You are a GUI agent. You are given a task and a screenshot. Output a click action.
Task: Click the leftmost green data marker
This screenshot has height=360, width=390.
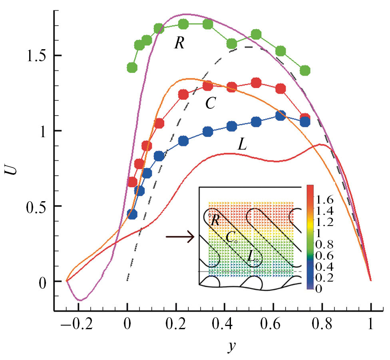(x=132, y=68)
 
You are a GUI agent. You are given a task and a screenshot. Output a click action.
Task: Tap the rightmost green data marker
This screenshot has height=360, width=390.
(x=305, y=71)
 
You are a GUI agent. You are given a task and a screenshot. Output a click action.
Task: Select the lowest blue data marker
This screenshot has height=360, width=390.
(x=132, y=214)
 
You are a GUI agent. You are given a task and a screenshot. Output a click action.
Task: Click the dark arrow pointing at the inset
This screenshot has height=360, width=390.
(x=180, y=237)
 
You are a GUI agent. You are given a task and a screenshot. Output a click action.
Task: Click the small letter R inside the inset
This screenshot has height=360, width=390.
(x=215, y=220)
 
